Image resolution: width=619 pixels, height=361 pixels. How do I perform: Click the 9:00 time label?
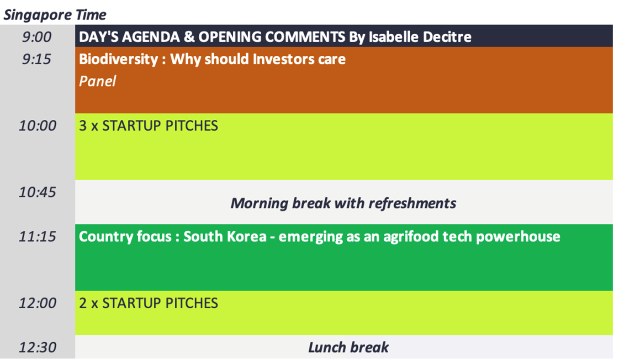[36, 36]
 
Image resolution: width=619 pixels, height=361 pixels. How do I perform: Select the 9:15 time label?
[36, 59]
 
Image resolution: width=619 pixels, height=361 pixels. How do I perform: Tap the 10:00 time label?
[38, 125]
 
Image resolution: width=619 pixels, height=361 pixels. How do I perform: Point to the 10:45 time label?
[38, 192]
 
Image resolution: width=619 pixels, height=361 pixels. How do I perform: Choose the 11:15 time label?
[38, 236]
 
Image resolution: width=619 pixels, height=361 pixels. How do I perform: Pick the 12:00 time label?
[38, 303]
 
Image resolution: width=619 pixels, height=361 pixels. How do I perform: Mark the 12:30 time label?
[38, 347]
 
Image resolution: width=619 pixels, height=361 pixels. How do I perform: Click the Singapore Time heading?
[55, 15]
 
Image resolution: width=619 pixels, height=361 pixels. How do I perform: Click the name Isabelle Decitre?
[420, 36]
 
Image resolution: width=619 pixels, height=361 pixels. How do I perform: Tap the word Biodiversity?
[118, 59]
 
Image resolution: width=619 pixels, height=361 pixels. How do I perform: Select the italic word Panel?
[98, 81]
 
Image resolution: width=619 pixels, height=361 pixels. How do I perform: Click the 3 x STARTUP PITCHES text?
[149, 126]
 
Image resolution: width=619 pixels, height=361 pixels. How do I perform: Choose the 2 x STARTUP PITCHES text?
[149, 303]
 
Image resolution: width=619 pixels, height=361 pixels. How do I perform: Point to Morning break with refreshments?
[343, 204]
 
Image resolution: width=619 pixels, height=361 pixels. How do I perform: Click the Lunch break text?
[348, 347]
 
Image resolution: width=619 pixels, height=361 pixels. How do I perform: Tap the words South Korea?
[225, 236]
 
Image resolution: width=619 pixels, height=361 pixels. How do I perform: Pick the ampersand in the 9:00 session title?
[189, 36]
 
